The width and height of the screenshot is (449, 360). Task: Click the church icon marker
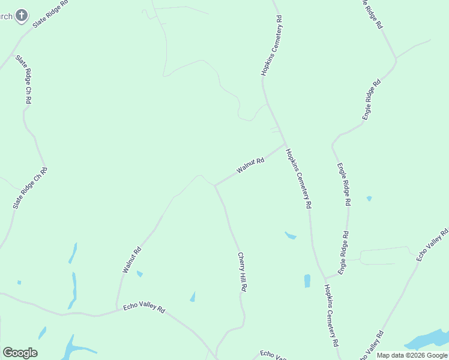[x=22, y=15]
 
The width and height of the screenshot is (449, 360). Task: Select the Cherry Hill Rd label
[x=243, y=271]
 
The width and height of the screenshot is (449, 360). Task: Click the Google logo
[x=20, y=353]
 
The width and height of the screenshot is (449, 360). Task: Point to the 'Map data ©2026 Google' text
[x=411, y=355]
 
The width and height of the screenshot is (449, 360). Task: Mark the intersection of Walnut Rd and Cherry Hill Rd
[x=215, y=185]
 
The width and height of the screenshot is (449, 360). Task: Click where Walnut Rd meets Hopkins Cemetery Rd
[x=285, y=143]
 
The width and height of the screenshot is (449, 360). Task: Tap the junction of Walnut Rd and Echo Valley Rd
[x=116, y=311]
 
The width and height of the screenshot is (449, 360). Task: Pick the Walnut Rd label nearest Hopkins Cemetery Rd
[x=250, y=166]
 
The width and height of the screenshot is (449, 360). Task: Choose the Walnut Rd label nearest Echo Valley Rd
[x=131, y=260]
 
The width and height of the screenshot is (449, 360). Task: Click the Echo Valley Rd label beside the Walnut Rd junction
[x=144, y=307]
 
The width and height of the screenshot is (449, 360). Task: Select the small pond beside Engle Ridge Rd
[x=369, y=198]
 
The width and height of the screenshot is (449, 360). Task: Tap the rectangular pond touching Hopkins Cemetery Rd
[x=307, y=280]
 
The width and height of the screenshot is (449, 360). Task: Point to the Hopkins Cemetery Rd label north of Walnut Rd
[x=271, y=50]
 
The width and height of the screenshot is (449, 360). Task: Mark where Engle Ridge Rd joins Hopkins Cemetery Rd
[x=325, y=278]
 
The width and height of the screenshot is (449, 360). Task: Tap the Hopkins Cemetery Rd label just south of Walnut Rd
[x=299, y=178]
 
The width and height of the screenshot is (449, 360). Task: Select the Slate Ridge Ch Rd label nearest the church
[x=23, y=80]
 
